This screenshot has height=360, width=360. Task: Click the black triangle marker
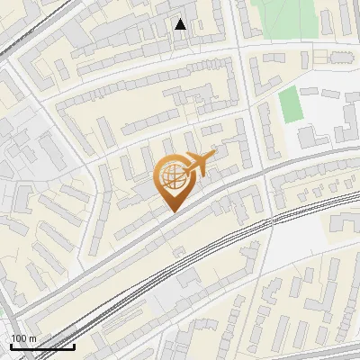click(181, 24)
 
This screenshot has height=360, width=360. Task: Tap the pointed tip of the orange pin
click(172, 211)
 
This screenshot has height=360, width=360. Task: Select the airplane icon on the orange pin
click(199, 165)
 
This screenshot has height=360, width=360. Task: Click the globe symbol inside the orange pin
click(171, 177)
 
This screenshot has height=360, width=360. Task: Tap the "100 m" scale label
click(23, 338)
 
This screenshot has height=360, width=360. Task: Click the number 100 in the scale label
click(19, 338)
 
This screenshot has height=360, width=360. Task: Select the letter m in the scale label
click(32, 338)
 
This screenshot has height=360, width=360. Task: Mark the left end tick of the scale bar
click(11, 345)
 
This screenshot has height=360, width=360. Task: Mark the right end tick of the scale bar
click(74, 345)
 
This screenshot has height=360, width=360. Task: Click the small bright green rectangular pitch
click(289, 106)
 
